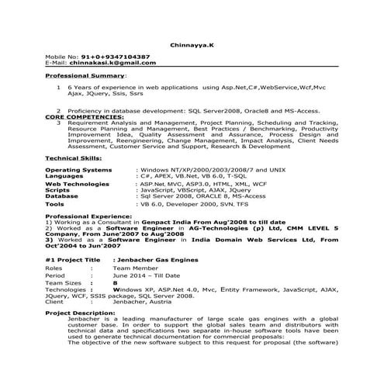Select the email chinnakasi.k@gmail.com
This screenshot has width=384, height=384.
(106, 64)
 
